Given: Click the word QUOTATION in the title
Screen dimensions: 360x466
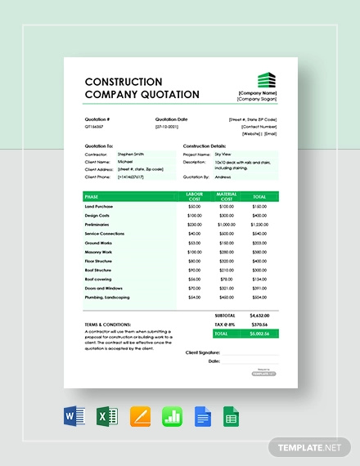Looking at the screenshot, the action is coord(169,94).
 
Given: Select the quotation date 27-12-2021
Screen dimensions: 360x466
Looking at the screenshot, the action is coord(166,127).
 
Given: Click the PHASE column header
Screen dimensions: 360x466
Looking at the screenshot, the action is coord(91,196).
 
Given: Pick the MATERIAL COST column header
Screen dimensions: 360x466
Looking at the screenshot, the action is coord(226,196).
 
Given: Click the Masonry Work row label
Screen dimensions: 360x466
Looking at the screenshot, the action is coord(100,252).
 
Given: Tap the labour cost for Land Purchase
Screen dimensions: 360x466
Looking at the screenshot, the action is coord(194,206).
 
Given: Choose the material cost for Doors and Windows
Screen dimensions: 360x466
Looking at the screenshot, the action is coord(226,289).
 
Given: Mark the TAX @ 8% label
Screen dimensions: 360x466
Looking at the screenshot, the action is coord(224,324).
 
